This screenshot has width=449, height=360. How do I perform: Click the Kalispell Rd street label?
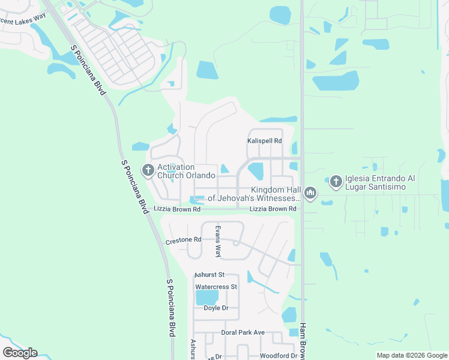264,141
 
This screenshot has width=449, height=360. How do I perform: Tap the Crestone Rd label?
183,240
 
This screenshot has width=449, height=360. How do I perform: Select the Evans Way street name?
218,241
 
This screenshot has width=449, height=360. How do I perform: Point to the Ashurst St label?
209,275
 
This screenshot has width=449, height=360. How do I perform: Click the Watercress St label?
216,287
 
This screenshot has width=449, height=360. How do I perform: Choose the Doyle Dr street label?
216,308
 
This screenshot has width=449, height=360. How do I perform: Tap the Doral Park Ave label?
243,332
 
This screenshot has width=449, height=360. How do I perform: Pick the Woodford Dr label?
278,356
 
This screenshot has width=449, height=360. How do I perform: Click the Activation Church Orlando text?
186,171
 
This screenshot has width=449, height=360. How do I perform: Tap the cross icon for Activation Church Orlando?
148,171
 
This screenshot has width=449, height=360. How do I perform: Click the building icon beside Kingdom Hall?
310,193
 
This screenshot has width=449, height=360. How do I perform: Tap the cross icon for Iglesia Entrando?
336,180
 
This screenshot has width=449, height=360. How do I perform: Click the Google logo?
20,353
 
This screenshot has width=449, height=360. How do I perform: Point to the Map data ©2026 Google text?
411,356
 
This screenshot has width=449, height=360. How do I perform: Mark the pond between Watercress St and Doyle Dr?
207,298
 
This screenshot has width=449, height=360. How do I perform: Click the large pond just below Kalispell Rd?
256,170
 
